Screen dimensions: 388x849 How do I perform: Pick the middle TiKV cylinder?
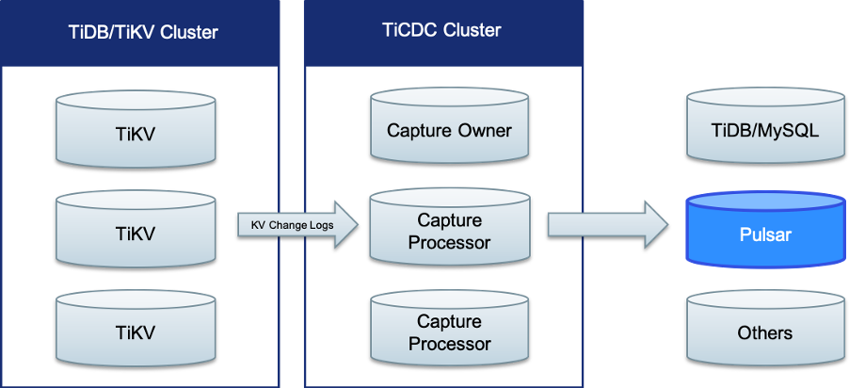(x=135, y=231)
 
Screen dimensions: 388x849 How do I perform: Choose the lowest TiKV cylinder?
(x=135, y=331)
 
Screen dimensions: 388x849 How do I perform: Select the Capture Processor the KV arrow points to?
(x=449, y=231)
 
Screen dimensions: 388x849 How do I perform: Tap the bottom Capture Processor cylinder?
(x=449, y=331)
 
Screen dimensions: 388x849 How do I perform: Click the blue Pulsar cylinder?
(x=764, y=233)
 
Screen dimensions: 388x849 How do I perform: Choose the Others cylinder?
(x=764, y=331)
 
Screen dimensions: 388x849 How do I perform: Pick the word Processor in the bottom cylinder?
(x=449, y=343)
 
